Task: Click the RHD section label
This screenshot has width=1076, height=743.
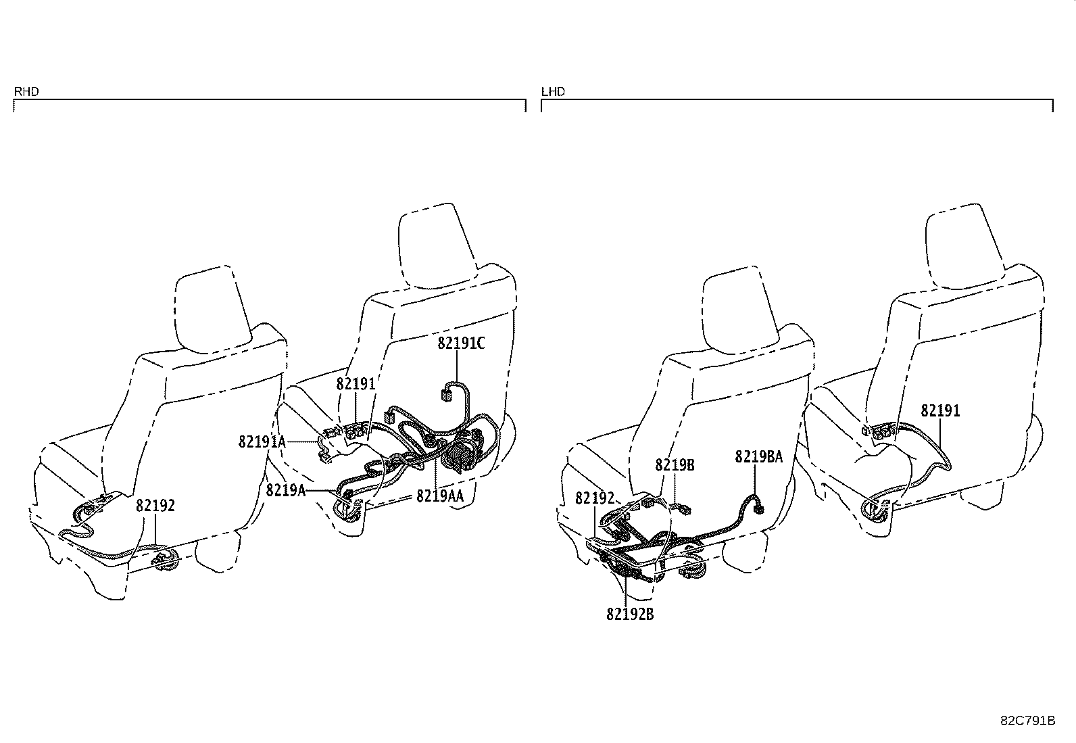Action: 26,91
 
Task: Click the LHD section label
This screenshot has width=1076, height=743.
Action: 554,91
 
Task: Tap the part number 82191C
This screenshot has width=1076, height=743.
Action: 461,343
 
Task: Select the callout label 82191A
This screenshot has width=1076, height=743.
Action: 262,441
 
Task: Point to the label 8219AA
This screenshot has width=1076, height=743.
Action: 440,496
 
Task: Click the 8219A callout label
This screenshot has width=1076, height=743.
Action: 286,490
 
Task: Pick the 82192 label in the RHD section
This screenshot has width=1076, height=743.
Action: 155,506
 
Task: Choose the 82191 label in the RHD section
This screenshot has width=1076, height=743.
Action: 356,384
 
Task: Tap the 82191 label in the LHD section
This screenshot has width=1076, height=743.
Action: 940,411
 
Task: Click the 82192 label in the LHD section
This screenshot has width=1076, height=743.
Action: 595,498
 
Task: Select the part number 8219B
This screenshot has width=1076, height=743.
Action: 675,465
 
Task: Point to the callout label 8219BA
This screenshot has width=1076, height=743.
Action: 759,456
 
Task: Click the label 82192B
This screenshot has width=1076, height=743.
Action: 630,614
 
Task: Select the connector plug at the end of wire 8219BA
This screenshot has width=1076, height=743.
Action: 758,508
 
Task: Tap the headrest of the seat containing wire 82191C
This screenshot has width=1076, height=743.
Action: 437,246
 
